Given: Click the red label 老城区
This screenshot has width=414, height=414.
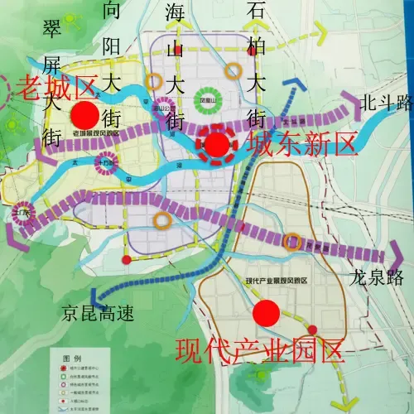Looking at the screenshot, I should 54,84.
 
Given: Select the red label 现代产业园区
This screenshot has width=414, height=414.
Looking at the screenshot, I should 260,351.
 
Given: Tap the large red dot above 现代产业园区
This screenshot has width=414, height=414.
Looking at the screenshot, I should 266,313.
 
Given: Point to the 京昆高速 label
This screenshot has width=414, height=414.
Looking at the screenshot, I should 96,313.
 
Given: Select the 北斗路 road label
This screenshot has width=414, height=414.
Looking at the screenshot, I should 386,103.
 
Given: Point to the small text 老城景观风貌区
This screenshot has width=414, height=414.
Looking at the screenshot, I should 96,132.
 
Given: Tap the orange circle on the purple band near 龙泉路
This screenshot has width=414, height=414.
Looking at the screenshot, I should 291,241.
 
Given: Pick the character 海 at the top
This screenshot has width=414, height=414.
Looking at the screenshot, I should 174,13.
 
